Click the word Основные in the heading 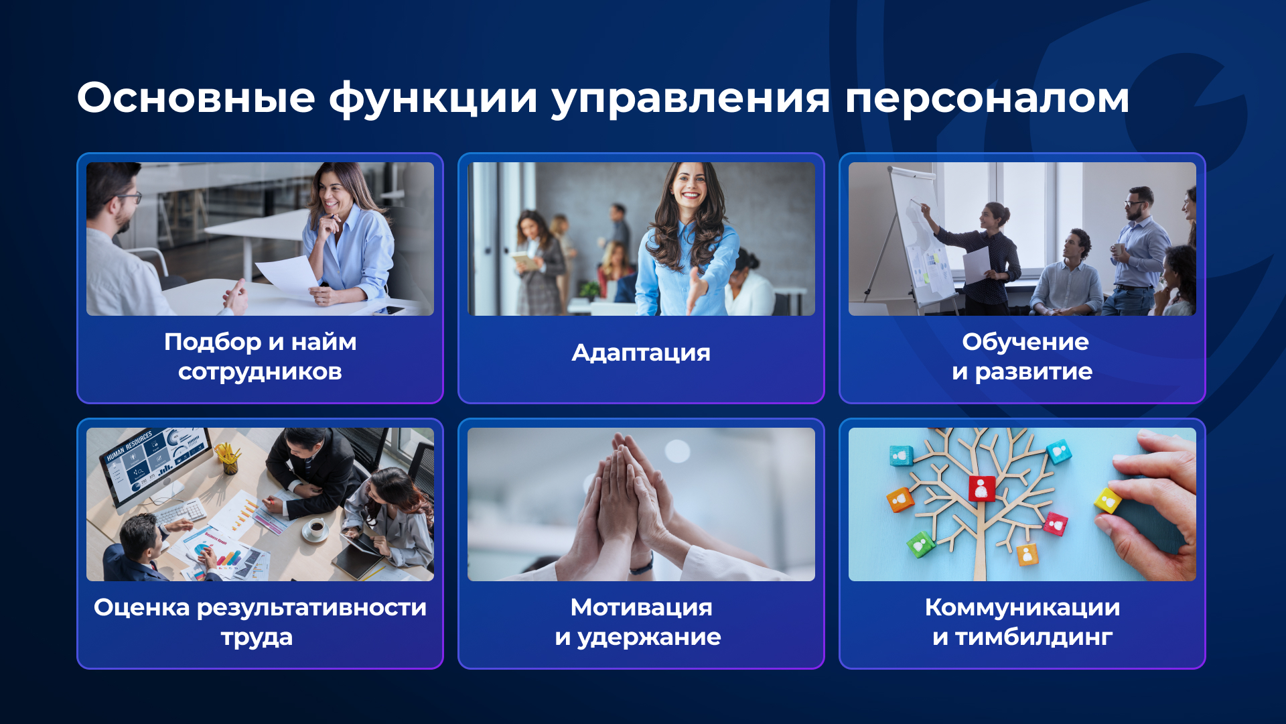point(196,98)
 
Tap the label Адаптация point(641,353)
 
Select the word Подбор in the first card point(212,343)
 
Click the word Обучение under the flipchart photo point(1025,342)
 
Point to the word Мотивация point(641,607)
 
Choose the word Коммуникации point(1022,607)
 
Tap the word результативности point(311,607)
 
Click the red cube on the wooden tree point(981,488)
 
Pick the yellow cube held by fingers point(1107,501)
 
